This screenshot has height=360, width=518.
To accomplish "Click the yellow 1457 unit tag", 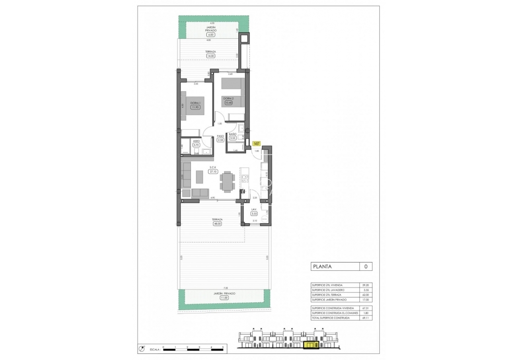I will click(x=257, y=143).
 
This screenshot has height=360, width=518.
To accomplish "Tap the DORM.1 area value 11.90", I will click(x=195, y=107).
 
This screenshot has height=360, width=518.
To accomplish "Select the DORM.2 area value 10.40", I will click(x=228, y=103).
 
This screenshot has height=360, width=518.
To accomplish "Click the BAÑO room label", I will click(x=233, y=134).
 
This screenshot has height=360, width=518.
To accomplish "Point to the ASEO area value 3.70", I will click(x=196, y=144).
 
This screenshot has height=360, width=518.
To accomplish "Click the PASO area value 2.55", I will click(x=221, y=140).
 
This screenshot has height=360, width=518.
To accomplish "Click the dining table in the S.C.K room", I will click(x=227, y=182).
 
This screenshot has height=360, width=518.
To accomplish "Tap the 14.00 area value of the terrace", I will click(x=210, y=56).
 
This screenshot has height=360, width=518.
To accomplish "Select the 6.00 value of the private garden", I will click(x=210, y=35).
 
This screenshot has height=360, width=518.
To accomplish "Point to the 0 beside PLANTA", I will click(x=365, y=266).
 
